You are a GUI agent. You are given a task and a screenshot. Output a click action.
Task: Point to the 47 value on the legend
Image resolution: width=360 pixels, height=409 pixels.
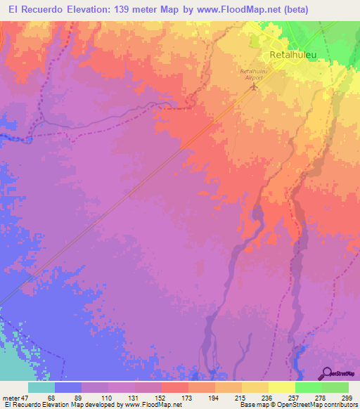coord(25,398)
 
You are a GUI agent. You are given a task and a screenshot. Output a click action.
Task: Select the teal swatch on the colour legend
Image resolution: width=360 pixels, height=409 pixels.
coord(41,387)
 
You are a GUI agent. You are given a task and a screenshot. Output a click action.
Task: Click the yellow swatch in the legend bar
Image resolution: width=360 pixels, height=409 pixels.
coord(282,387)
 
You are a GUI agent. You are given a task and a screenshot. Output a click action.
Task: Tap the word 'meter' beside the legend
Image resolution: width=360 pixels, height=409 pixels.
coord(10,398)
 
